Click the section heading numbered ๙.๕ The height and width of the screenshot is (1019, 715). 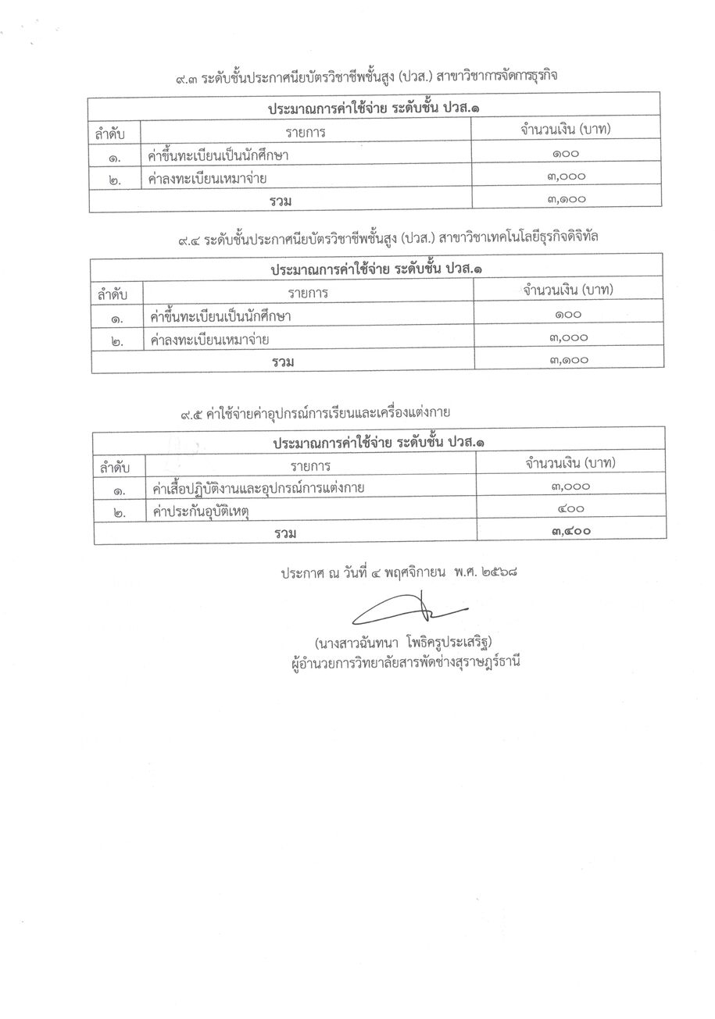point(316,412)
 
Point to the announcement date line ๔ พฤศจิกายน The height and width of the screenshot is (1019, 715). point(401,572)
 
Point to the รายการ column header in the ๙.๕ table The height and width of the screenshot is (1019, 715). point(311,465)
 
